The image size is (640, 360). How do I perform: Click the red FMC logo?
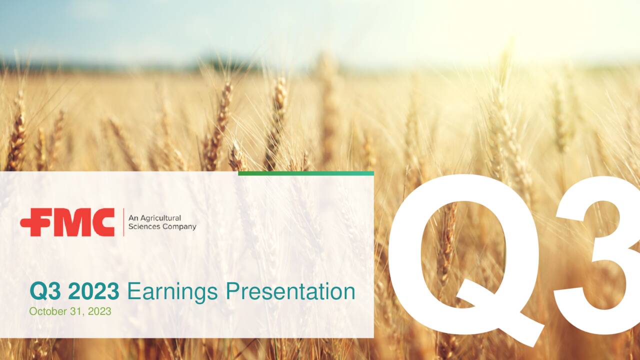(x=67, y=222)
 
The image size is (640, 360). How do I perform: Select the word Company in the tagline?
(x=179, y=227)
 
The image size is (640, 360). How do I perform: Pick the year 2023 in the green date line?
(x=99, y=311)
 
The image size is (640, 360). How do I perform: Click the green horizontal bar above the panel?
(x=305, y=173)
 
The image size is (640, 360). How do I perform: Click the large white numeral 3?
(x=600, y=255)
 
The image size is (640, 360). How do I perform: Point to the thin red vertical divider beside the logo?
(x=123, y=222)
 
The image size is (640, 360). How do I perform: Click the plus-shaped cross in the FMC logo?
(x=31, y=223)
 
